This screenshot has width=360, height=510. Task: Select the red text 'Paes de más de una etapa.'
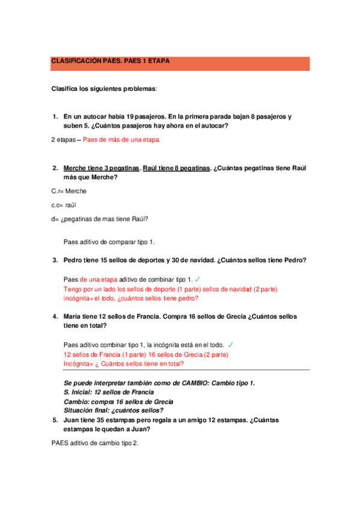coord(121,140)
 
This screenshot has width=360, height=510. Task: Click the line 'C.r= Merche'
coord(69,191)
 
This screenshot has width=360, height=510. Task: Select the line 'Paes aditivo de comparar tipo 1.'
coord(109,242)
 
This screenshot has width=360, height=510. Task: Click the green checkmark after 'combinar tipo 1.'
coord(198,280)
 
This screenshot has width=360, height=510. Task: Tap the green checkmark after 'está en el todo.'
coord(231,345)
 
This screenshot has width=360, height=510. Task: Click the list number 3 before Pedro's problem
coord(55,260)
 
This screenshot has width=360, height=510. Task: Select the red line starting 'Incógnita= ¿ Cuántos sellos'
coord(124,364)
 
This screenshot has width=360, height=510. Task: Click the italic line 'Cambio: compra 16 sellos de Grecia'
coord(118,402)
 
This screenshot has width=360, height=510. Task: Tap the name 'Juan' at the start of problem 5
coord(72,420)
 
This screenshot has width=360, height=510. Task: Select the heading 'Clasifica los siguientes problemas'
coord(103,89)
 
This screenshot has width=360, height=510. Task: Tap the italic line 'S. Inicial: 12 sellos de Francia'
coord(113,392)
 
